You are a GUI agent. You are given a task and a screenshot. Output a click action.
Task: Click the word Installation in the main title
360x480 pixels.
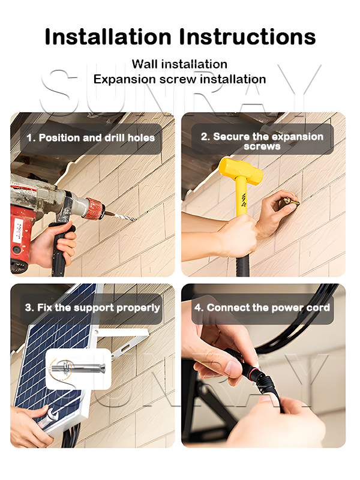pyautogui.click(x=108, y=37)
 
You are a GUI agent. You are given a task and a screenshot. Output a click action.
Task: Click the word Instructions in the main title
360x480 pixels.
pyautogui.click(x=247, y=37)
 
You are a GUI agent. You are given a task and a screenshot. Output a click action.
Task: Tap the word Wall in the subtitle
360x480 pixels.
pyautogui.click(x=145, y=64)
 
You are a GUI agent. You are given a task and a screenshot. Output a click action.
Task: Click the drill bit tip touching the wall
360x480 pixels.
pyautogui.click(x=134, y=219)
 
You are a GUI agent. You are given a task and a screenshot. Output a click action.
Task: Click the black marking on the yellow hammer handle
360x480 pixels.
pyautogui.click(x=244, y=200)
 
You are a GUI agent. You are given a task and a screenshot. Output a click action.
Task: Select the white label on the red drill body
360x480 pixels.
pyautogui.click(x=19, y=231)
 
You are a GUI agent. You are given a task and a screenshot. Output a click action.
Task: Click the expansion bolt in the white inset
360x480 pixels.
pyautogui.click(x=78, y=367)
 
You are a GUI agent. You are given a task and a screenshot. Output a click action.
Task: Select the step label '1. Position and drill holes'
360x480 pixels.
pyautogui.click(x=91, y=138)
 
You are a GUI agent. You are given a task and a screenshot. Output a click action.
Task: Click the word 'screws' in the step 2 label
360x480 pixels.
pyautogui.click(x=262, y=146)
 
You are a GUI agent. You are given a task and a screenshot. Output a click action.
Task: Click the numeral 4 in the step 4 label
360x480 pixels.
pyautogui.click(x=197, y=308)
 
